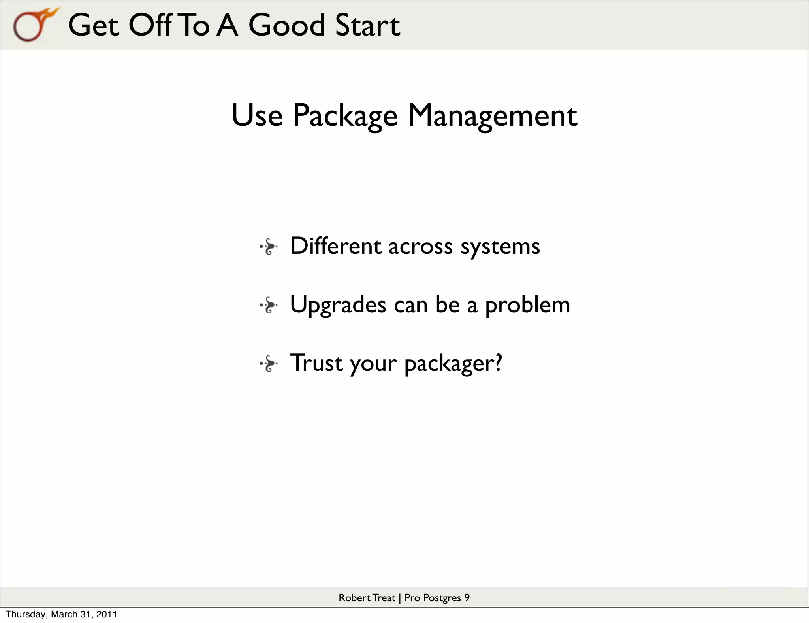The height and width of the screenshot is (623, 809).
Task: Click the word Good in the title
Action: (x=286, y=25)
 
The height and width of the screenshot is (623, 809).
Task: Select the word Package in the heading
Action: (x=345, y=115)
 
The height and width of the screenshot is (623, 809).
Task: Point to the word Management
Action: (x=492, y=115)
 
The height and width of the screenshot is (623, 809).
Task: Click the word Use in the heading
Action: (x=257, y=115)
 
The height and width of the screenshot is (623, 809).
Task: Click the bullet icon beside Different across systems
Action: (x=269, y=247)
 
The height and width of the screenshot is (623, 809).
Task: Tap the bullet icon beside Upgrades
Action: (x=269, y=305)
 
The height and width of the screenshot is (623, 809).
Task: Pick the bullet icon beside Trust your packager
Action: (x=269, y=364)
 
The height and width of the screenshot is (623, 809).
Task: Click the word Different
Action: (x=336, y=246)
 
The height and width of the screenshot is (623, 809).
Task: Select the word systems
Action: (x=500, y=247)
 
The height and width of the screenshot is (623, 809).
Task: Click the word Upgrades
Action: (x=338, y=305)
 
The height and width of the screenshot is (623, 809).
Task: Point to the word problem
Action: (x=527, y=305)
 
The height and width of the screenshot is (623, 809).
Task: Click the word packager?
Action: (x=453, y=363)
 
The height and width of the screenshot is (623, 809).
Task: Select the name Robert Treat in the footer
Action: (x=367, y=598)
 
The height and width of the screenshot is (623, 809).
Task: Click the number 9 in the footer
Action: (x=467, y=598)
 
